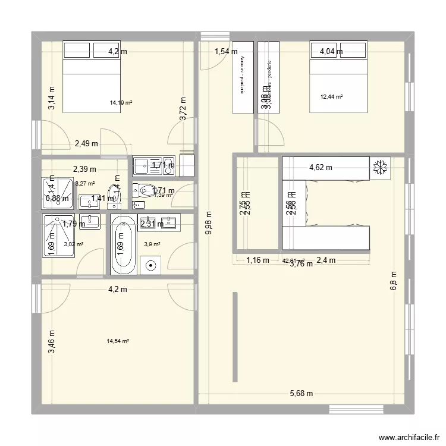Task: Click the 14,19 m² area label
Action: tap(121, 103)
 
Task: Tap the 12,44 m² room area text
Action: tap(331, 96)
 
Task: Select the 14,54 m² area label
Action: tap(118, 341)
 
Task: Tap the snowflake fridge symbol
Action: tap(379, 168)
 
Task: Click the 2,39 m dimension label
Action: tap(85, 169)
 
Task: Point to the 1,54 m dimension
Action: tap(226, 52)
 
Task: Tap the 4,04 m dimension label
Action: tap(331, 52)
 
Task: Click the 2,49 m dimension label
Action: tap(87, 143)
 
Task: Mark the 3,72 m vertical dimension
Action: tap(183, 109)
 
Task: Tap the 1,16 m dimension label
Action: tap(257, 259)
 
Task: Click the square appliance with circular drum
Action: tap(152, 265)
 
